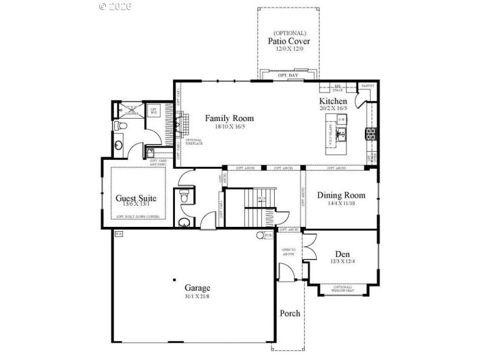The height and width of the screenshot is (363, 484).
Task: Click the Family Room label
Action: tap(229, 118)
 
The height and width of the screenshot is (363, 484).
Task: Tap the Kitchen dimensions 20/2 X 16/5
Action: tap(333, 108)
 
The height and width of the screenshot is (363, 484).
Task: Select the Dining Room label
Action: tap(341, 195)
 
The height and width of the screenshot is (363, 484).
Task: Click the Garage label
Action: tap(197, 288)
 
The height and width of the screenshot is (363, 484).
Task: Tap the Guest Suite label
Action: tap(136, 198)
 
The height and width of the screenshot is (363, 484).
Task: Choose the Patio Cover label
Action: tap(289, 41)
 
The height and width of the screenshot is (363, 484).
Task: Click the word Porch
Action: tap(289, 313)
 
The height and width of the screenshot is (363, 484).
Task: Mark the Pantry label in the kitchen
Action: tap(367, 86)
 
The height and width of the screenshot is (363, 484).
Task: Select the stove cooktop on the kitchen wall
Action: tap(370, 134)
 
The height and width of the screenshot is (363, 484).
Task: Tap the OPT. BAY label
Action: tap(289, 75)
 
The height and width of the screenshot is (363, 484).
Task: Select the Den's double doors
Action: tap(308, 249)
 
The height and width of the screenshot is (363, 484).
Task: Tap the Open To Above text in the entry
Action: tap(289, 252)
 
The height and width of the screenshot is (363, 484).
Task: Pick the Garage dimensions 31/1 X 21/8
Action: tap(197, 297)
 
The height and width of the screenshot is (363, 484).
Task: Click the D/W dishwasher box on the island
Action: tap(342, 120)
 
